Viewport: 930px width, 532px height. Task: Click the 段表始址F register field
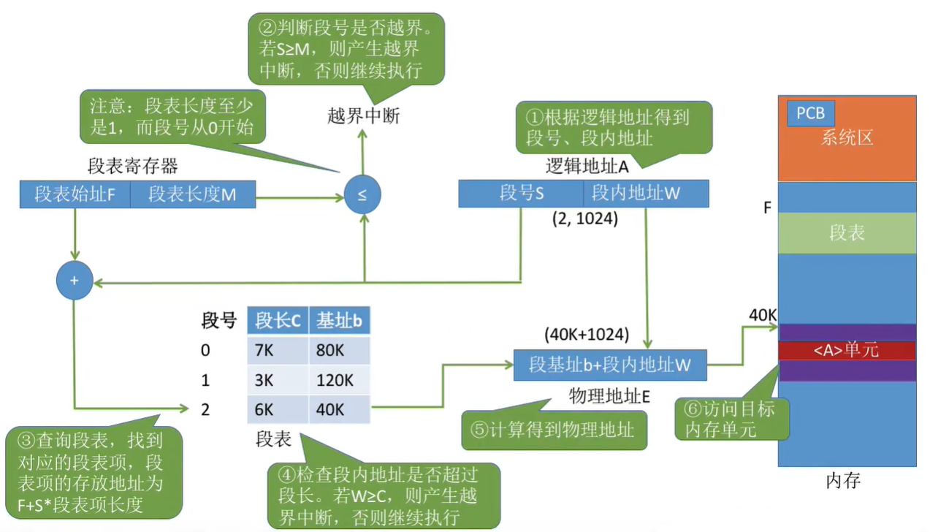[x=75, y=194]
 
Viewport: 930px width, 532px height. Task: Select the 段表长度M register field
[x=193, y=194]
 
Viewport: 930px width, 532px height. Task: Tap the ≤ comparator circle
[x=362, y=195]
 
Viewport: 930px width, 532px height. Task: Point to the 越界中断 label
[x=364, y=117]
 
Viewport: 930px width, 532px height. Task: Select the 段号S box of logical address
[x=521, y=194]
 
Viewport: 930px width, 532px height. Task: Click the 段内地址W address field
[x=646, y=194]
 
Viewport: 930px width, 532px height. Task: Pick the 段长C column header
[x=278, y=321]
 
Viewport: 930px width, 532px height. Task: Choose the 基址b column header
[x=339, y=321]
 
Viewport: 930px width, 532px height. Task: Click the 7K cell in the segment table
[x=278, y=351]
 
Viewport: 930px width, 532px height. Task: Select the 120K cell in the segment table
[x=339, y=380]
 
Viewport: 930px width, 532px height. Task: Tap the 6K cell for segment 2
[x=278, y=409]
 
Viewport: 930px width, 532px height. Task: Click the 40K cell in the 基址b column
[x=339, y=409]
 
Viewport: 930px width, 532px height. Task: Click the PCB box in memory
[x=810, y=114]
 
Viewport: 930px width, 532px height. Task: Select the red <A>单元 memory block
[x=847, y=350]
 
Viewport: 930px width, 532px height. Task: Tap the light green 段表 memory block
[x=847, y=233]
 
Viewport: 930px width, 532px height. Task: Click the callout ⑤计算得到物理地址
[x=554, y=430]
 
